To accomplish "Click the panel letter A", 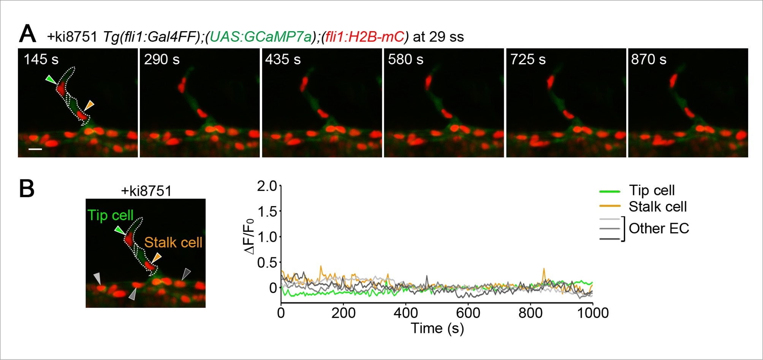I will tap(28, 35).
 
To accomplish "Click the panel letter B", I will tap(27, 189).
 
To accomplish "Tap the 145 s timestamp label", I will tap(41, 60).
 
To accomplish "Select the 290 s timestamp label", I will tap(162, 60).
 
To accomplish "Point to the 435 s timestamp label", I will tap(283, 60).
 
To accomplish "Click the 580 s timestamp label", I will tap(406, 60).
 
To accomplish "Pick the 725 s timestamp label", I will tap(528, 60).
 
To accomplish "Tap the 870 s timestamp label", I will tap(649, 60).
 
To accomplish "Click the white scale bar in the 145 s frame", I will tap(35, 149).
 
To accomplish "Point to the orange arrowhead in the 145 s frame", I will tap(89, 105).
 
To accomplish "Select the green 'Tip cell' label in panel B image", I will tap(111, 216).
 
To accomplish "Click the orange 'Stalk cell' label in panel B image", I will tap(173, 243).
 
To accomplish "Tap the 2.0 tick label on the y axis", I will tap(267, 186).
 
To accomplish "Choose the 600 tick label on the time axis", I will tap(468, 313).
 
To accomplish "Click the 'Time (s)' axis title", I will tap(437, 328).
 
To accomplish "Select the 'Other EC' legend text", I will tap(659, 228).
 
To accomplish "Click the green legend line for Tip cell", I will tap(610, 191).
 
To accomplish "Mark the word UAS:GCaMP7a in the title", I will tap(261, 37).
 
